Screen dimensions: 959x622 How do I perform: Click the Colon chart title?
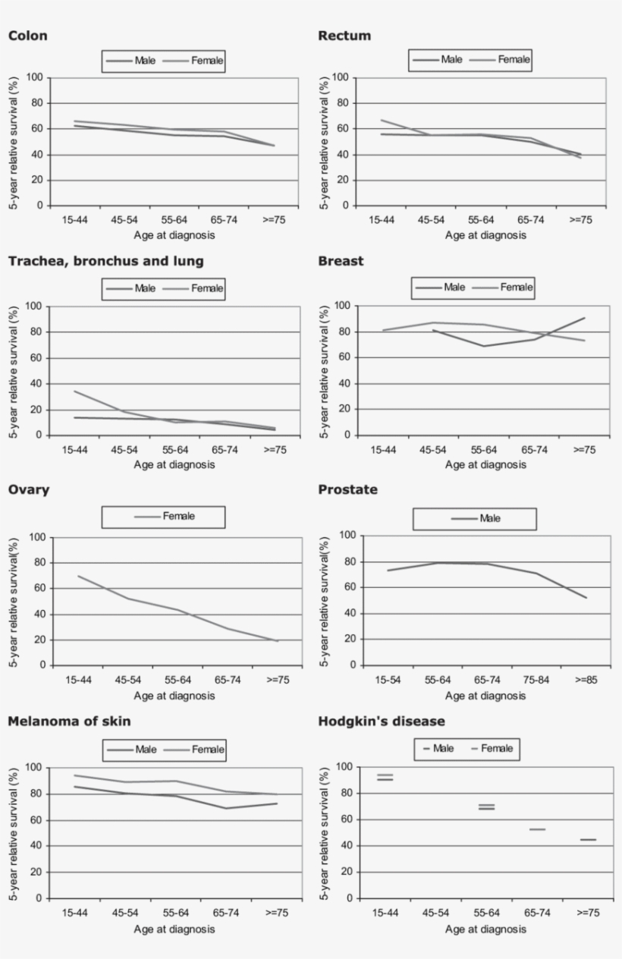[27, 36]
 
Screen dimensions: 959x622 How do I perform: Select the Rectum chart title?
[344, 36]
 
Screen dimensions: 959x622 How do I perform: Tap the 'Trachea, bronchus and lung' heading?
[105, 261]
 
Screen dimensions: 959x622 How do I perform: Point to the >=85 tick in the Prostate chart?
[586, 680]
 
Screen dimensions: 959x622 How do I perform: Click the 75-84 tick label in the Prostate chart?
[536, 680]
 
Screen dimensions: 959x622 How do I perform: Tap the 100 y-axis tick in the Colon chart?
[36, 77]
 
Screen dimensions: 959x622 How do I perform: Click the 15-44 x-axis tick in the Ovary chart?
[78, 680]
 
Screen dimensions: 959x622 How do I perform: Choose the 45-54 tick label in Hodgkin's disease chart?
[435, 913]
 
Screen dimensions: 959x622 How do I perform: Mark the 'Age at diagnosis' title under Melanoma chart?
[174, 929]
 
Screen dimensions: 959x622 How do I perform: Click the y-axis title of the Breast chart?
[325, 370]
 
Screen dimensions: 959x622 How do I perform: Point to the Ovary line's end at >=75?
[278, 642]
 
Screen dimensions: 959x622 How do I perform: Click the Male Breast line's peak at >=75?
[585, 318]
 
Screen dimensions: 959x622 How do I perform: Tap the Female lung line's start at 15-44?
[74, 391]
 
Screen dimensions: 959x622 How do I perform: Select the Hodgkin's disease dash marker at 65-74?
[537, 829]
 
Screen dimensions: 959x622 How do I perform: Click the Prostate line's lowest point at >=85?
[586, 598]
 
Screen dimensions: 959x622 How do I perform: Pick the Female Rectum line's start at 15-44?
[382, 120]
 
